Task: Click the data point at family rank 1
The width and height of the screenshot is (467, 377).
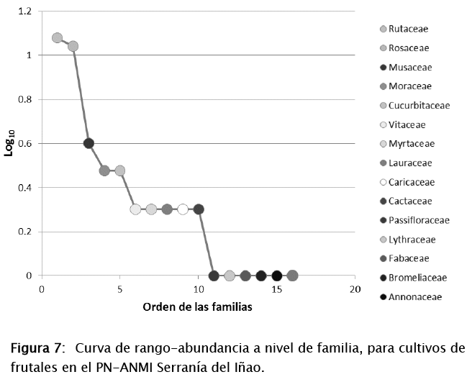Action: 58,38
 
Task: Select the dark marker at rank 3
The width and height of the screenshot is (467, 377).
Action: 89,143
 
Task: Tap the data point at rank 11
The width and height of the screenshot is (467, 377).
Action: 214,276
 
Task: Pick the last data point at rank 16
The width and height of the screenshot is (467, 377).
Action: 292,276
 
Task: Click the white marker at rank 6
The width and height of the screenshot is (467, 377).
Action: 135,209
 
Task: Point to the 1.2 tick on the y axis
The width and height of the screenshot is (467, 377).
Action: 25,12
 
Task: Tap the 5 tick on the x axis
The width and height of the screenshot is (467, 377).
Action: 120,289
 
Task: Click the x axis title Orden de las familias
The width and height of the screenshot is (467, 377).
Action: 197,306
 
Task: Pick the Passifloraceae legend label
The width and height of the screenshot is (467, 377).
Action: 419,220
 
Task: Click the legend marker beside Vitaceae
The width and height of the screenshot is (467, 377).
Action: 384,124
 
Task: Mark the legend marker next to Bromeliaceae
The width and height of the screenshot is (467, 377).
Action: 384,278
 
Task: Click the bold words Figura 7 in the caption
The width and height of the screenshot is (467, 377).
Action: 35,350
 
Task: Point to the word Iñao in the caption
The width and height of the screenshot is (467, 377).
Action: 246,367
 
